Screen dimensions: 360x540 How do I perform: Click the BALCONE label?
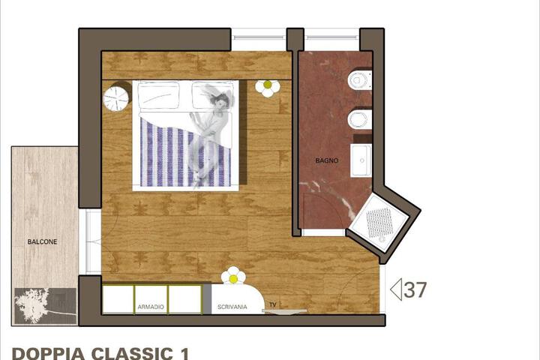click(x=42, y=242)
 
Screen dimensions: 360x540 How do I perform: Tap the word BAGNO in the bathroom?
click(x=327, y=160)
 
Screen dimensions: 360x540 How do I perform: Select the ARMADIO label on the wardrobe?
click(x=151, y=307)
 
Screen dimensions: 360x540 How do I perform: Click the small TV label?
click(x=272, y=304)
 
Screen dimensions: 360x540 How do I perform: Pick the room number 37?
click(x=415, y=289)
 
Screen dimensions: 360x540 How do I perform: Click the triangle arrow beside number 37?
click(x=397, y=289)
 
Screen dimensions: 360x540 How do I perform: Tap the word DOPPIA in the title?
click(x=47, y=352)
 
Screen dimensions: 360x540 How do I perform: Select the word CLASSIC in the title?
click(x=127, y=352)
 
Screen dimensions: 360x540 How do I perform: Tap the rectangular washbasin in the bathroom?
click(x=361, y=160)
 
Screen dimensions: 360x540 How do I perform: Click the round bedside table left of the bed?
click(x=118, y=98)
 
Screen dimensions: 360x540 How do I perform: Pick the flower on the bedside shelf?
click(x=267, y=88)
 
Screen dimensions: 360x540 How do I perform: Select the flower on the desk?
click(x=234, y=276)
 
